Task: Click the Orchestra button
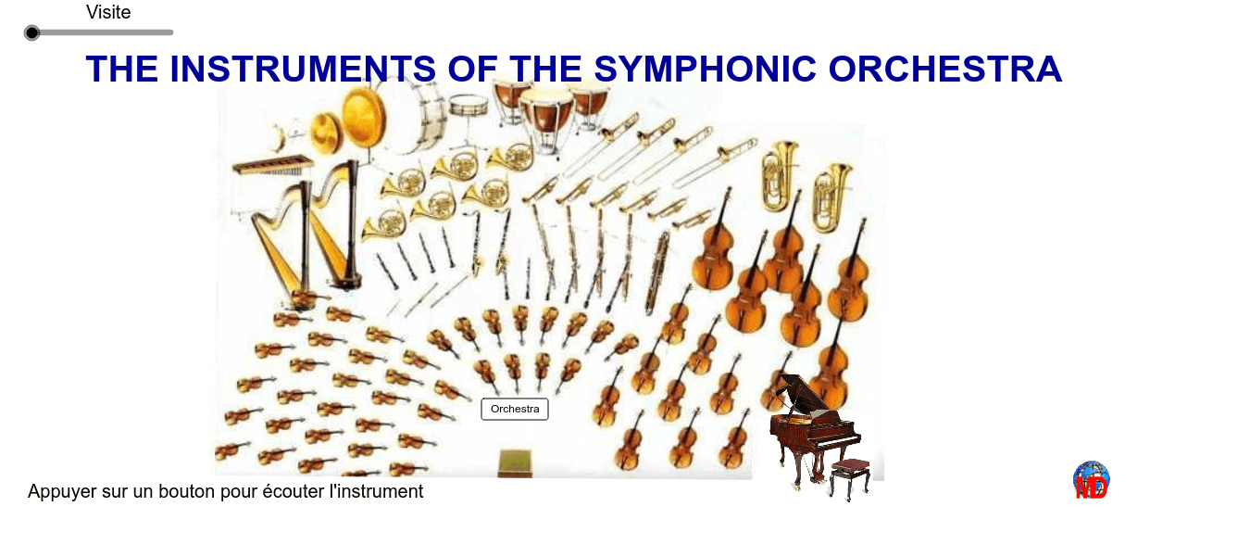point(515,409)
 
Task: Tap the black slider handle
point(32,33)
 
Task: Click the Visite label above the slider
point(108,12)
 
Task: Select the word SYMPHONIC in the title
point(706,70)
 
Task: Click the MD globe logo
point(1091,480)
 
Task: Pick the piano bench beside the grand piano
point(851,472)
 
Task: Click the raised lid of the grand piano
point(794,393)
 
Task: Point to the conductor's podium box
point(515,463)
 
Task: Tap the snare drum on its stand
point(469,107)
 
